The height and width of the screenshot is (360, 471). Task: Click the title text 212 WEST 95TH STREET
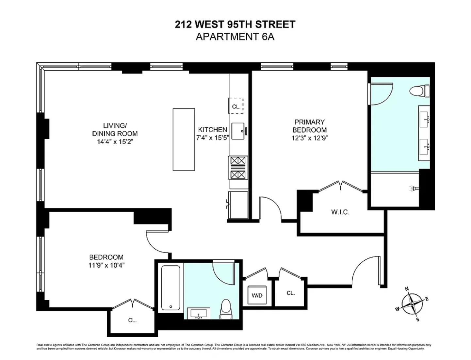coord(235,25)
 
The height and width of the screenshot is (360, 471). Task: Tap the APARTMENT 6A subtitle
coord(235,37)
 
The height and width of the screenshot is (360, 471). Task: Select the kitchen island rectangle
coord(184,139)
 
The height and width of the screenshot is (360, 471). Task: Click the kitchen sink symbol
coord(238,131)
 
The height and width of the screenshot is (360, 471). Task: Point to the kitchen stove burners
coord(238,168)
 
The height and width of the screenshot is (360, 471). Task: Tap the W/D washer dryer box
coord(257,295)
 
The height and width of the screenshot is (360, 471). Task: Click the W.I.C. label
coord(340,212)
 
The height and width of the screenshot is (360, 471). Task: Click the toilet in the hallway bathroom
coord(226,309)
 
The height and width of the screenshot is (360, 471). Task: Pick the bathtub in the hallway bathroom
coord(171,288)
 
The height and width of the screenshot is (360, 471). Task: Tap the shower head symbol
coord(414,188)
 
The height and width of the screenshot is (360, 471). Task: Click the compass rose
coord(412,304)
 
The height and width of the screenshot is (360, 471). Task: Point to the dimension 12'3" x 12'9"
coord(309,138)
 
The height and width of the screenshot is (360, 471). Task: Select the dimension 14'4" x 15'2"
coord(115,142)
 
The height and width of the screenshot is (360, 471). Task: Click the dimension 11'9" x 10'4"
coord(106,265)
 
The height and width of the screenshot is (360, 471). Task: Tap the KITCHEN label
coord(212,130)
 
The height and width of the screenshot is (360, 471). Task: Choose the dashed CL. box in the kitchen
coord(236,106)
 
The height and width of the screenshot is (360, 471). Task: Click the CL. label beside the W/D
coord(291,293)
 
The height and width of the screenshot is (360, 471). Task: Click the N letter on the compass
coord(407,289)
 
